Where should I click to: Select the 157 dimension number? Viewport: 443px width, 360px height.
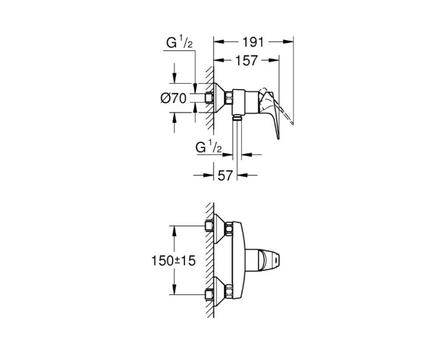coord(246,60)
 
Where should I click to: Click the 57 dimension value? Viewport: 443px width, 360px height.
coord(225,176)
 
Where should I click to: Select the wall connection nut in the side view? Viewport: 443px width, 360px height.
coord(209,98)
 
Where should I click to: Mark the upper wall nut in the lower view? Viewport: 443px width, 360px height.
coord(209,226)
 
